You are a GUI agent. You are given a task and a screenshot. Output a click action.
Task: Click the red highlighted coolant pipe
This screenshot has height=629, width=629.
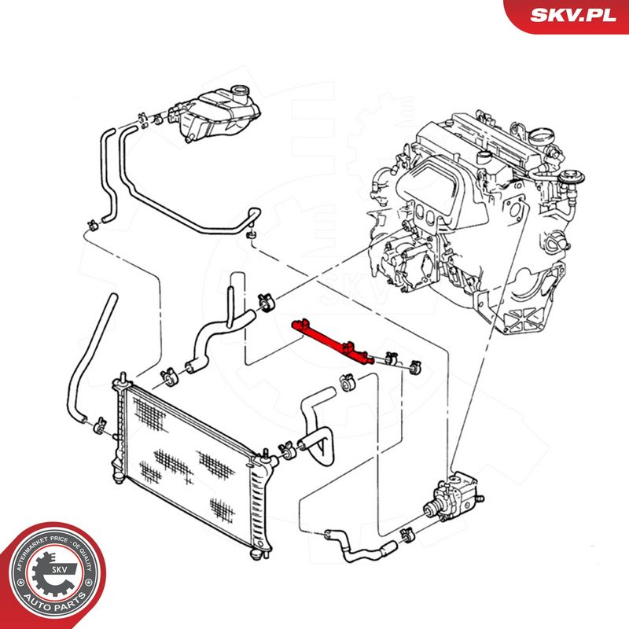[333, 341]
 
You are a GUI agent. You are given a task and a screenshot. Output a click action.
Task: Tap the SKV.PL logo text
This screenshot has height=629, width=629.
[572, 15]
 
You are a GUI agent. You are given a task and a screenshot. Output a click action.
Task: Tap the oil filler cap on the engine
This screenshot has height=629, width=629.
[541, 136]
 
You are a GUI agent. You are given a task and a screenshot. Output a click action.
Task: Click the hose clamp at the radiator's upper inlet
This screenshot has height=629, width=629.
[169, 377]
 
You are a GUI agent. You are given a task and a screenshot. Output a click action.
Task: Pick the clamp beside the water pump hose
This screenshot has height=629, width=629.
[408, 535]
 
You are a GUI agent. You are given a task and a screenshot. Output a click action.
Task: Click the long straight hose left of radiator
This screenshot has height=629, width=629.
[90, 358]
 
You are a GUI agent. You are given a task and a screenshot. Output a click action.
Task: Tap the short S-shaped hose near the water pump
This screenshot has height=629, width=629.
[360, 546]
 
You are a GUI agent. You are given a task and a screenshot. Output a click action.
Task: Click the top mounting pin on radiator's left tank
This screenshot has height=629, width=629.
[123, 377]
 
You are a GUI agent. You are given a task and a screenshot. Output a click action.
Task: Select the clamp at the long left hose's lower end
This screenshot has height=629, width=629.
[100, 425]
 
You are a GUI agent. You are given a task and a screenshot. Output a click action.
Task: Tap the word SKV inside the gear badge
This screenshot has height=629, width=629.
[58, 569]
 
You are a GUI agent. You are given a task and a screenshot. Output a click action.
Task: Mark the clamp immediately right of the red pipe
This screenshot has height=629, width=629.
[390, 359]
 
